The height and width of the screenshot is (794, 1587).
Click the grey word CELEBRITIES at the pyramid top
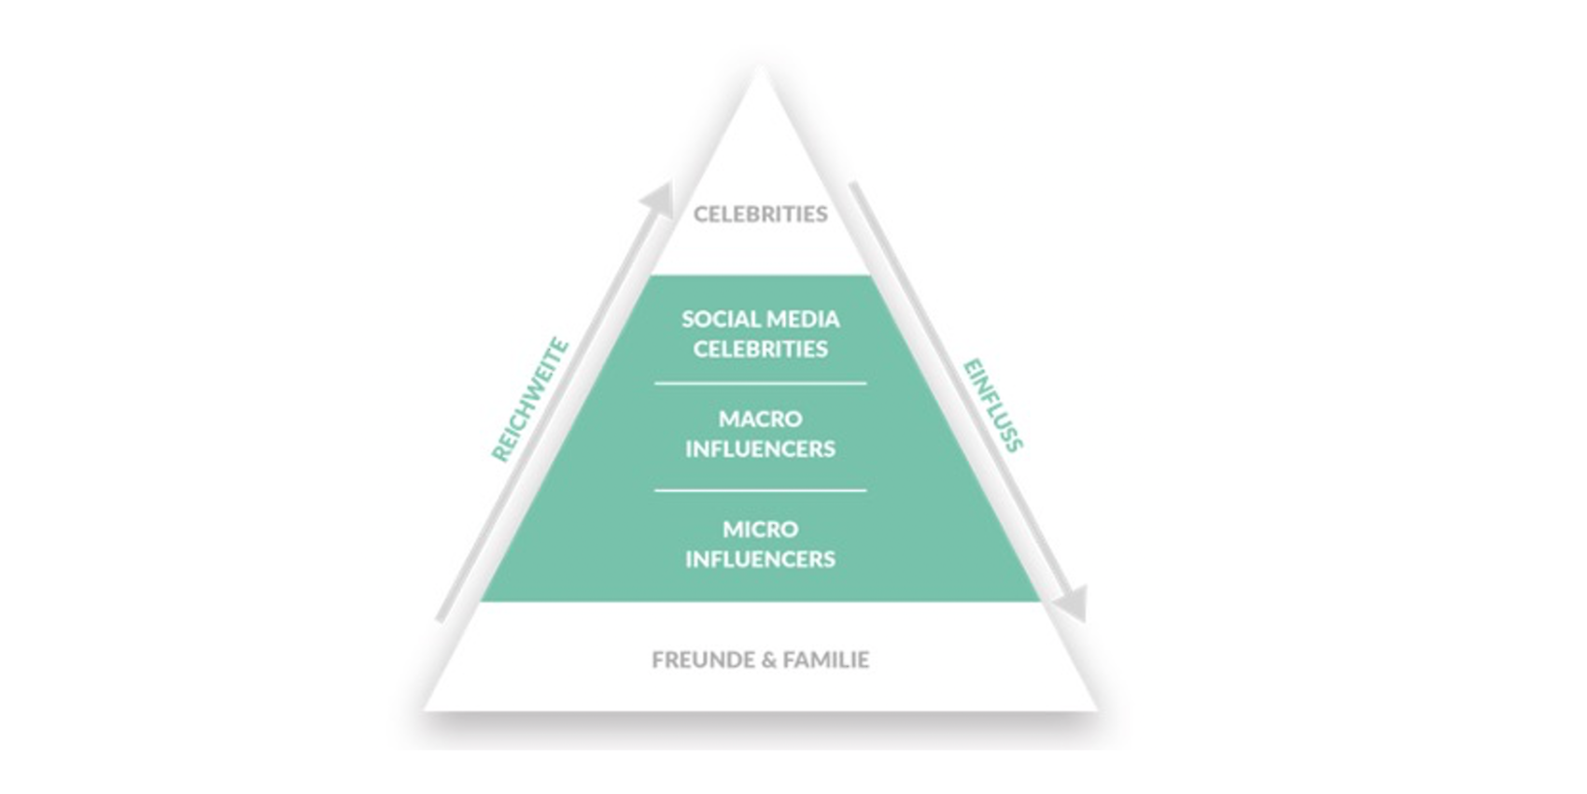(760, 213)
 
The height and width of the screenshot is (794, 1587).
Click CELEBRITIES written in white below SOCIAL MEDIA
(760, 348)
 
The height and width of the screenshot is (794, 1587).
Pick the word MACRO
(760, 419)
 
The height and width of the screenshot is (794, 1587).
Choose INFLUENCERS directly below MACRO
(760, 448)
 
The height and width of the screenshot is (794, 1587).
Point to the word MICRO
(760, 529)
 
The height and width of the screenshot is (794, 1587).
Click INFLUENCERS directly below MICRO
(760, 560)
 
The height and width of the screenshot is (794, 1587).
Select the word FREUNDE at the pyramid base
(703, 660)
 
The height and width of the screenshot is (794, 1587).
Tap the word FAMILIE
(825, 660)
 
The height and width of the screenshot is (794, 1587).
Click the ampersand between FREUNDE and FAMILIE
(768, 660)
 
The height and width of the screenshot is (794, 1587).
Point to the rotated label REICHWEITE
(530, 401)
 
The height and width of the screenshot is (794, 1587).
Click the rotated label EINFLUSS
(993, 405)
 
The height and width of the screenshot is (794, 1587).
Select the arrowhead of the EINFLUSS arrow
(1072, 604)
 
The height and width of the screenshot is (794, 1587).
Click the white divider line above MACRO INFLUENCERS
(760, 384)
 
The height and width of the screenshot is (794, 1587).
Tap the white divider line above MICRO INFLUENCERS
(760, 489)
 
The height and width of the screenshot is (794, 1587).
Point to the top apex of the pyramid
(761, 67)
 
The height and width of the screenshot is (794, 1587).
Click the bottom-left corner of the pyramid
(425, 709)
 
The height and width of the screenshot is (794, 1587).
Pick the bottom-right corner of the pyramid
(1097, 709)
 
